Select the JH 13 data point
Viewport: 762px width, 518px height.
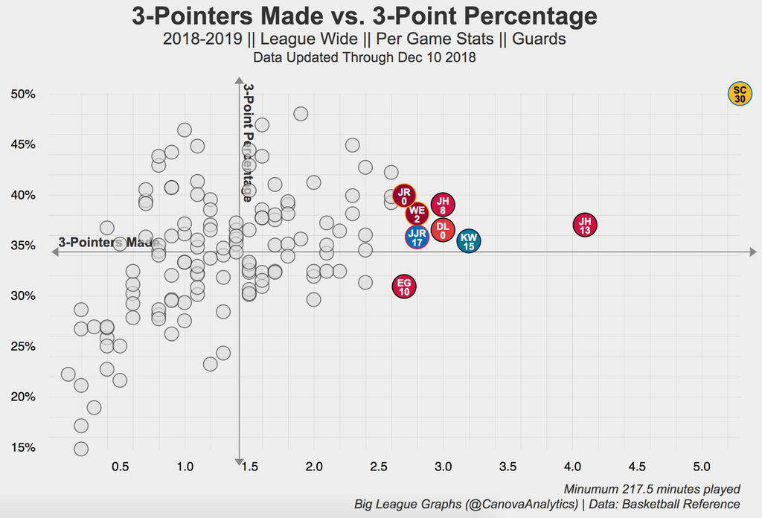585,225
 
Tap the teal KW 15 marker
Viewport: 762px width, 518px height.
468,240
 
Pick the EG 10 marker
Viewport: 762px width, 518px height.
404,287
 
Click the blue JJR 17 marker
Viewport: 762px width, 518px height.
417,237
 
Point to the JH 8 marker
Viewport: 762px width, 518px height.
443,205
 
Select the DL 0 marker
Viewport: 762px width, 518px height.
443,230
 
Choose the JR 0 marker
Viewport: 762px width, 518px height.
404,196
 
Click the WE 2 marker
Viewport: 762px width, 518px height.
417,214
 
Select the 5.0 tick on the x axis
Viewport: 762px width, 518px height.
702,467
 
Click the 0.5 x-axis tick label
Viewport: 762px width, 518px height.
121,467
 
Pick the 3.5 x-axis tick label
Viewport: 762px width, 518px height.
508,467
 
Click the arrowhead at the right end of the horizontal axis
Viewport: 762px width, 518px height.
753,252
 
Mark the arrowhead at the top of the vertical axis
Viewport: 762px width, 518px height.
239,81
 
